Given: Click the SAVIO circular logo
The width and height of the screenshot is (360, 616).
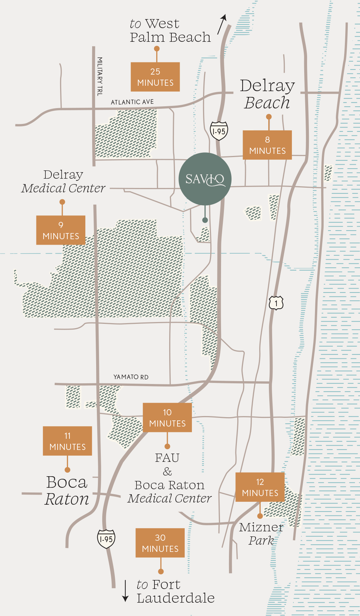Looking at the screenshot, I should [x=205, y=179].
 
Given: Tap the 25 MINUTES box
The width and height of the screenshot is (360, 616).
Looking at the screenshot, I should [x=155, y=77].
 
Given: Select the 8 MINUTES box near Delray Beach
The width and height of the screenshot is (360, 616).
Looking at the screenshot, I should [x=267, y=145].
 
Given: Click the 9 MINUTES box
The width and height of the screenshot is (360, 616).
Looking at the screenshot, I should [x=61, y=230].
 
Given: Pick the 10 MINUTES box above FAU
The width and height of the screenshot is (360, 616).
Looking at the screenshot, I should [x=167, y=418].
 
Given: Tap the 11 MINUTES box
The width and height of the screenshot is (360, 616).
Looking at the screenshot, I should [x=67, y=441].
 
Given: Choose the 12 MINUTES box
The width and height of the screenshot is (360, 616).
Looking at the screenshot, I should [x=260, y=487].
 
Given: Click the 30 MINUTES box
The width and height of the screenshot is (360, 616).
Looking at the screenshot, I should [x=160, y=543].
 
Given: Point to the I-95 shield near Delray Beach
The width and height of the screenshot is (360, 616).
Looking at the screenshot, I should [x=219, y=131].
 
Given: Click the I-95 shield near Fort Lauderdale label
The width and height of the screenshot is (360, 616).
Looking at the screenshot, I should [x=106, y=539].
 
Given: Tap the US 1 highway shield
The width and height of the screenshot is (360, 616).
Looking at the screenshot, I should [x=276, y=303].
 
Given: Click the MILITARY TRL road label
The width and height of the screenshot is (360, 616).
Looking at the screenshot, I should [x=100, y=76].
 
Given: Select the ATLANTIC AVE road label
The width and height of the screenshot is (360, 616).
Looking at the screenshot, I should [x=132, y=102].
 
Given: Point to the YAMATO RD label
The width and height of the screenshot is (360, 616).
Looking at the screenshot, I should [x=131, y=377].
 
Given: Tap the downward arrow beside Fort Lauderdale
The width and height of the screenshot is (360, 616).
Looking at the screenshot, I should [x=125, y=591].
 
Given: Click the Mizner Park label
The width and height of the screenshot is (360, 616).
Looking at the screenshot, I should [x=261, y=534].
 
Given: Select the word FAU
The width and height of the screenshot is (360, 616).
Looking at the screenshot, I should [x=167, y=458].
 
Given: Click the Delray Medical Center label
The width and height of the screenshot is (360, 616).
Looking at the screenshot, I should [x=63, y=181].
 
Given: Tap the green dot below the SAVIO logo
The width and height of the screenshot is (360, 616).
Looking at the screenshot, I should [x=205, y=220].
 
